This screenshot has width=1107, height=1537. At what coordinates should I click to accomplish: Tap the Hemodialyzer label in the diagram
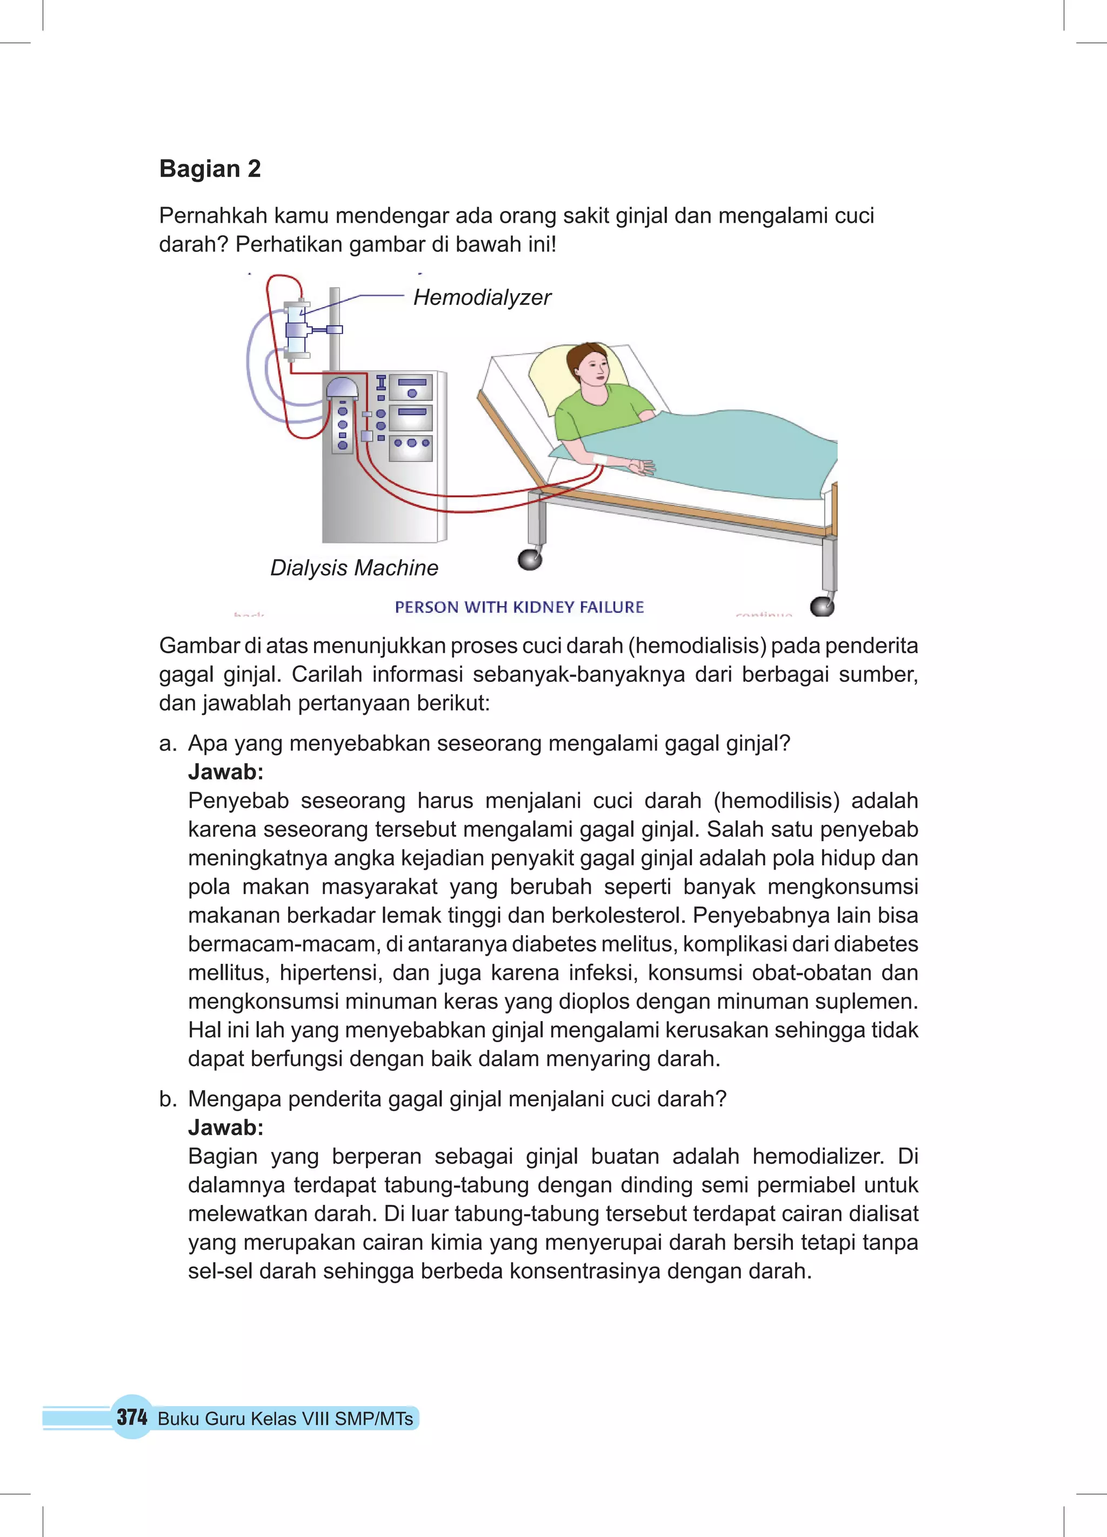482,297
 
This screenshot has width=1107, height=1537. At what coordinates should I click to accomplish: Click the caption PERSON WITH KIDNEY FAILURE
519,607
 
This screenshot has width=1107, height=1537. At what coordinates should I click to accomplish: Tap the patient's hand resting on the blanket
640,467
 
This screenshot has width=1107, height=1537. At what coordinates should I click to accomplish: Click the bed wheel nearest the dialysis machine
529,560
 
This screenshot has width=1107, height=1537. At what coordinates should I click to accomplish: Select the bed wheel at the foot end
822,606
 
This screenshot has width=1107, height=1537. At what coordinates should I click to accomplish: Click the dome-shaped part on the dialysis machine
342,388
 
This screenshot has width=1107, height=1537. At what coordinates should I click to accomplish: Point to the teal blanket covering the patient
711,447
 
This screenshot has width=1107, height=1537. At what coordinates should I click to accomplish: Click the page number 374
131,1416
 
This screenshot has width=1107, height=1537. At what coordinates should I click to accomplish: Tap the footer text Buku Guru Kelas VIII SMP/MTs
285,1419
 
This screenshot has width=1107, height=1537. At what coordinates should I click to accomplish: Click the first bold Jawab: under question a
225,772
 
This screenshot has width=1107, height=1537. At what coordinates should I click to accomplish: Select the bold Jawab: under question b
225,1128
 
